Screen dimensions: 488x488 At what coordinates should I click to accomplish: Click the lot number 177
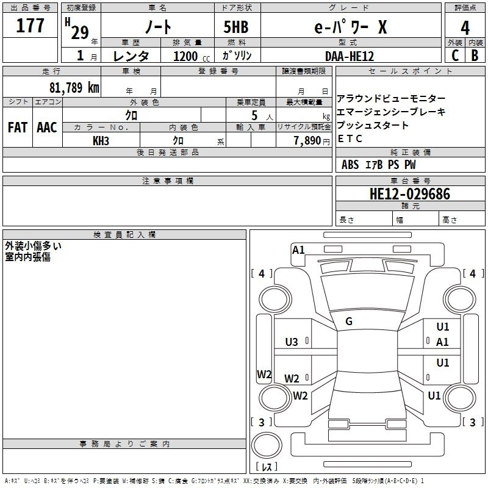click(30, 25)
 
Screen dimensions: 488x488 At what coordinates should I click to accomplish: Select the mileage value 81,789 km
click(74, 87)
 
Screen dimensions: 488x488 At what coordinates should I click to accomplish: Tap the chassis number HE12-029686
click(410, 193)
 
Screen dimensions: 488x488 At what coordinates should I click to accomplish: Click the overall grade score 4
click(465, 28)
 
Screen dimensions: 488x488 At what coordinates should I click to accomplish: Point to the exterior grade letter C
click(455, 56)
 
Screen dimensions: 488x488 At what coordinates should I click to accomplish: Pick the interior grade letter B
click(475, 56)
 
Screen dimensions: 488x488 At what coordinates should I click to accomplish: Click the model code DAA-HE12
click(349, 56)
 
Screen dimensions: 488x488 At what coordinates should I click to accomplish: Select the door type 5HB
click(236, 27)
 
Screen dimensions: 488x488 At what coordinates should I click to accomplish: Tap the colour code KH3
click(101, 141)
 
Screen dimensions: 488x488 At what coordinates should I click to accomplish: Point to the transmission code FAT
click(18, 127)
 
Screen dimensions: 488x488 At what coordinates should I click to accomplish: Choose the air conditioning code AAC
click(47, 127)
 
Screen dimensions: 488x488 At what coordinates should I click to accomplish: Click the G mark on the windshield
click(349, 321)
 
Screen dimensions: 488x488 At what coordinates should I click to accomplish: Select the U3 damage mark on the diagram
click(292, 342)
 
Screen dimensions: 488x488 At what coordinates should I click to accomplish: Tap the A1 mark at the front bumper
click(298, 250)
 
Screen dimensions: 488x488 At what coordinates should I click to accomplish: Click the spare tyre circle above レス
click(267, 445)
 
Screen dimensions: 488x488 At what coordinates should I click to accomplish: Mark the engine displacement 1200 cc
click(192, 56)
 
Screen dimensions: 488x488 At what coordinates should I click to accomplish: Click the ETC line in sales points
click(350, 138)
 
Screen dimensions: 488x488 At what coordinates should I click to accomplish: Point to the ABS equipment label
click(350, 165)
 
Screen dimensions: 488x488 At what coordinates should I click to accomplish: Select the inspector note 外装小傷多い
click(33, 246)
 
